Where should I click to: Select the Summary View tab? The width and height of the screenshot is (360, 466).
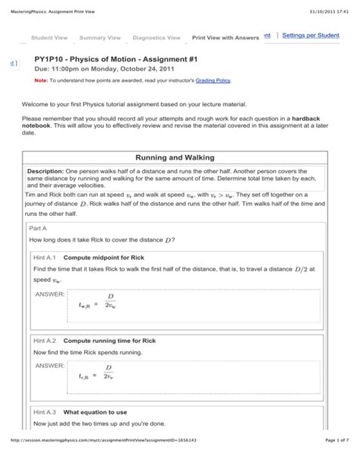tap(99, 37)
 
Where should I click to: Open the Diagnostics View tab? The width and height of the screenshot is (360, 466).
tap(156, 37)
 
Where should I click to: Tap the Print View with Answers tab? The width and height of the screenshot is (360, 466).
tap(226, 37)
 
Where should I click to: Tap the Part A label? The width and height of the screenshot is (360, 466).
tap(38, 227)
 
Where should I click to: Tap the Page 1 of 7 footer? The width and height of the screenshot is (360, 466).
tap(331, 461)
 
